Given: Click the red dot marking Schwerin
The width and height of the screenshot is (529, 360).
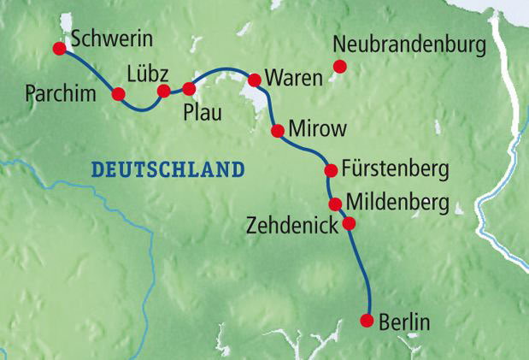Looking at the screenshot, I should [x=59, y=49].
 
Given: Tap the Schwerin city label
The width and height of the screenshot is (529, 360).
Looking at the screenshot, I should [x=107, y=39].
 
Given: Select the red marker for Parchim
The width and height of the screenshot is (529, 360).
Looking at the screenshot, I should [x=119, y=93].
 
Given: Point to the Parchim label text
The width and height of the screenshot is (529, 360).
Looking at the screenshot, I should [x=58, y=91].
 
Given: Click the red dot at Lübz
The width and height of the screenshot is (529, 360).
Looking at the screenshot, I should [x=163, y=91].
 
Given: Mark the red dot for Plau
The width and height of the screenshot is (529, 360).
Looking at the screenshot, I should [x=190, y=87].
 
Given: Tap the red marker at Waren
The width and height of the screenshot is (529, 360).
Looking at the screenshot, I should [x=254, y=80].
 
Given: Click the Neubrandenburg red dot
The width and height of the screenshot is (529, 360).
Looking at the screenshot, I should [x=339, y=66].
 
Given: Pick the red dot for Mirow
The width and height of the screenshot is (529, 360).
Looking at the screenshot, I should [x=277, y=131].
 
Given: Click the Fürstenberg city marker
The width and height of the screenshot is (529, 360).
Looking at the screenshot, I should [x=331, y=170].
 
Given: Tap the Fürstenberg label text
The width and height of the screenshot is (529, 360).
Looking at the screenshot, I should [x=395, y=168].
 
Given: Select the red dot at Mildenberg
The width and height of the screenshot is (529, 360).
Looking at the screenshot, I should [x=336, y=204].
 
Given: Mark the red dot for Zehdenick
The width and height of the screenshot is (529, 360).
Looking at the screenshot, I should [x=348, y=224].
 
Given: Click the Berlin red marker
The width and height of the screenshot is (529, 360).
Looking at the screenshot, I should [x=367, y=321].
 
